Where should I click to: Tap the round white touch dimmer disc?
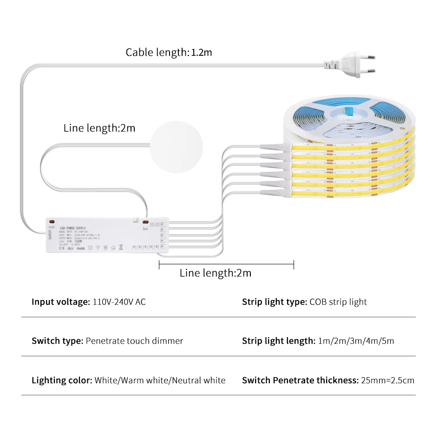tap(176, 147)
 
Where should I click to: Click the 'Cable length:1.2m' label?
tap(169, 52)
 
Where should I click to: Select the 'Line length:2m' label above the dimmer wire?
tap(99, 128)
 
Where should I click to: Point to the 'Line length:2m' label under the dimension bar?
tap(216, 273)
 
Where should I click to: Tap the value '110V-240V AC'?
tap(119, 302)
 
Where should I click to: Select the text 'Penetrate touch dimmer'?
tap(135, 341)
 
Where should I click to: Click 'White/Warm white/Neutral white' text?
tap(160, 380)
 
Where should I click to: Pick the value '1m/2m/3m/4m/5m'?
tap(356, 341)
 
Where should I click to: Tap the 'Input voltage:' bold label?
tap(60, 302)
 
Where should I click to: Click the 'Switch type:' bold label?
tap(57, 341)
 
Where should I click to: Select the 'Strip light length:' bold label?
tap(278, 341)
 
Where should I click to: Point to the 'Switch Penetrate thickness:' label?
tap(300, 380)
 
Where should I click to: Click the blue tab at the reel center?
tap(348, 111)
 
